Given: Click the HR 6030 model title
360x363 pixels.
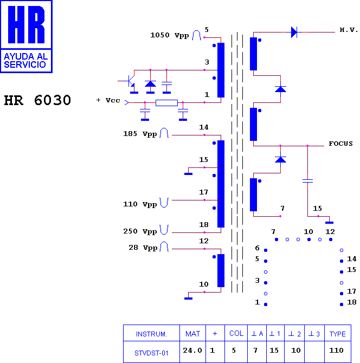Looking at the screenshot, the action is pyautogui.click(x=37, y=100).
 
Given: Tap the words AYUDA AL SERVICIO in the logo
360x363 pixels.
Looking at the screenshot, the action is pyautogui.click(x=25, y=61).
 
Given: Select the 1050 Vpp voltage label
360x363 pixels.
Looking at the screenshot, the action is pyautogui.click(x=170, y=35).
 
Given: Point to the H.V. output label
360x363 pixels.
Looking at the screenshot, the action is pyautogui.click(x=349, y=30).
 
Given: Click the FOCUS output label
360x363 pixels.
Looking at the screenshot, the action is pyautogui.click(x=341, y=144).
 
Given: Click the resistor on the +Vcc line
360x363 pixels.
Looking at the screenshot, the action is pyautogui.click(x=166, y=102).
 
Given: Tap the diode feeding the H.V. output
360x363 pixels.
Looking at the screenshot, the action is pyautogui.click(x=294, y=32).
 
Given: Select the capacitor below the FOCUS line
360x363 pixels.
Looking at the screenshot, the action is pyautogui.click(x=307, y=181).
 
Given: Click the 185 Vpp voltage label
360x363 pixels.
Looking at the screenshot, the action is pyautogui.click(x=140, y=134).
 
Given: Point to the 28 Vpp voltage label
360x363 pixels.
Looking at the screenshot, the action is pyautogui.click(x=143, y=248).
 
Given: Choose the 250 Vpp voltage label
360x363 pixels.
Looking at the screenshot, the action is pyautogui.click(x=140, y=231).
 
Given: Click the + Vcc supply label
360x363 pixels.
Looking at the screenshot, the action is pyautogui.click(x=108, y=100).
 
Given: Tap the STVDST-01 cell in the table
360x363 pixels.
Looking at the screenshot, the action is pyautogui.click(x=151, y=353).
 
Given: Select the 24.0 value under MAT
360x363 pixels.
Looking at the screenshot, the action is pyautogui.click(x=192, y=350).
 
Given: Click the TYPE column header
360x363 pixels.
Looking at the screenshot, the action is pyautogui.click(x=338, y=334).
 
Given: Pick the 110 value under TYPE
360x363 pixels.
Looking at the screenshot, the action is pyautogui.click(x=336, y=350).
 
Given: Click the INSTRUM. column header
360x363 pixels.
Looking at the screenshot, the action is pyautogui.click(x=151, y=334).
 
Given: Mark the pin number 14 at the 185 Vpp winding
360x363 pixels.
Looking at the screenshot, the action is pyautogui.click(x=204, y=127).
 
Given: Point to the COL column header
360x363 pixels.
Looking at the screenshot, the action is pyautogui.click(x=236, y=333).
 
